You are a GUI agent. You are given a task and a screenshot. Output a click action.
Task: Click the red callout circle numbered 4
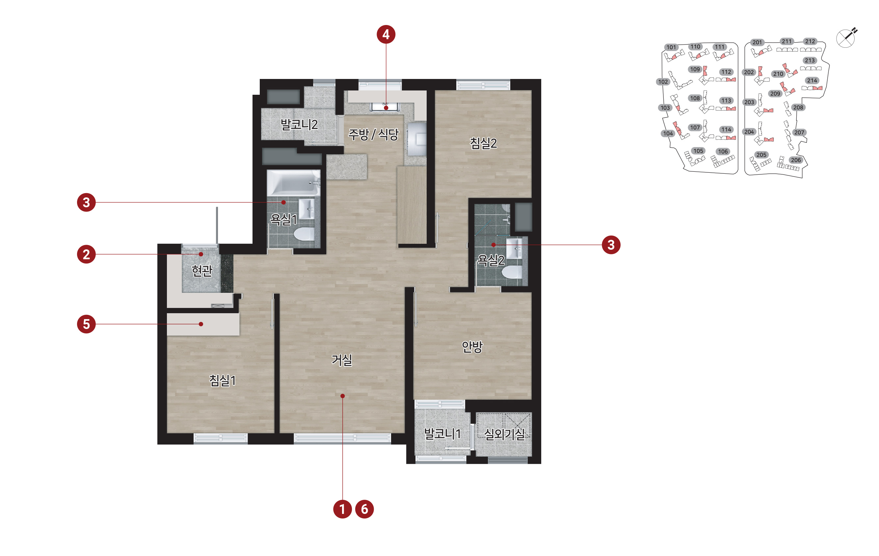point(386,34)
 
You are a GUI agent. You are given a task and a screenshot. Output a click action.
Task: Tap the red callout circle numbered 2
point(86,254)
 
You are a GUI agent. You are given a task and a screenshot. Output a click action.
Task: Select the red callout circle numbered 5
point(86,324)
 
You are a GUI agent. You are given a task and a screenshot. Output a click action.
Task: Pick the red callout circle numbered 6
point(364,509)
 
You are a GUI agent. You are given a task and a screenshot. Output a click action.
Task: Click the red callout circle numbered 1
point(342,509)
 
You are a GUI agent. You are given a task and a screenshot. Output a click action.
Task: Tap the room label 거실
point(342,360)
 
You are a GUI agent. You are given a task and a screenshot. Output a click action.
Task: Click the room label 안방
point(472,346)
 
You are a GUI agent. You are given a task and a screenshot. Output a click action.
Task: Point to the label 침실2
point(483,143)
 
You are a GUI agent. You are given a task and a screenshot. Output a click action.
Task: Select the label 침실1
point(222,381)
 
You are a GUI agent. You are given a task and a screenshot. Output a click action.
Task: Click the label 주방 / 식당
point(373,134)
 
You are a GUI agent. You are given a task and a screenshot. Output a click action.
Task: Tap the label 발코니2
point(299,124)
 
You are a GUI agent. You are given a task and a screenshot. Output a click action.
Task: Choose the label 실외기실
point(504,434)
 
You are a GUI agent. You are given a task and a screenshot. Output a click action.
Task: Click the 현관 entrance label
point(202,270)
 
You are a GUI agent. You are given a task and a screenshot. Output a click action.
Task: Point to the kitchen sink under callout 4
point(386,107)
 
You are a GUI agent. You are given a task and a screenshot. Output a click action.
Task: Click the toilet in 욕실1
point(304,234)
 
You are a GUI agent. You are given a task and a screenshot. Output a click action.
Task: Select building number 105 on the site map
point(698,151)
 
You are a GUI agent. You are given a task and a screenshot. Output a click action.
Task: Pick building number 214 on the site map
point(812,80)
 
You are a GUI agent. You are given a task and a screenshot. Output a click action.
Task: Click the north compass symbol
point(846,38)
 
